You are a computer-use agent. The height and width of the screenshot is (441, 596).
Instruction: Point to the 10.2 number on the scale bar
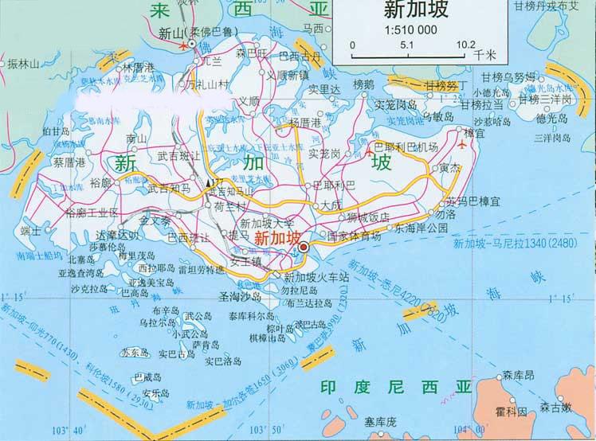(455, 45)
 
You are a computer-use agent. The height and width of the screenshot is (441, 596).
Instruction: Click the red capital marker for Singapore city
(303, 248)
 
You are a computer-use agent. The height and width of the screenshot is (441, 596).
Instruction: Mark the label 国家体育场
(354, 236)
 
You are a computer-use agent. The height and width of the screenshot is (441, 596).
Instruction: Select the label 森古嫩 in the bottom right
(555, 407)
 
